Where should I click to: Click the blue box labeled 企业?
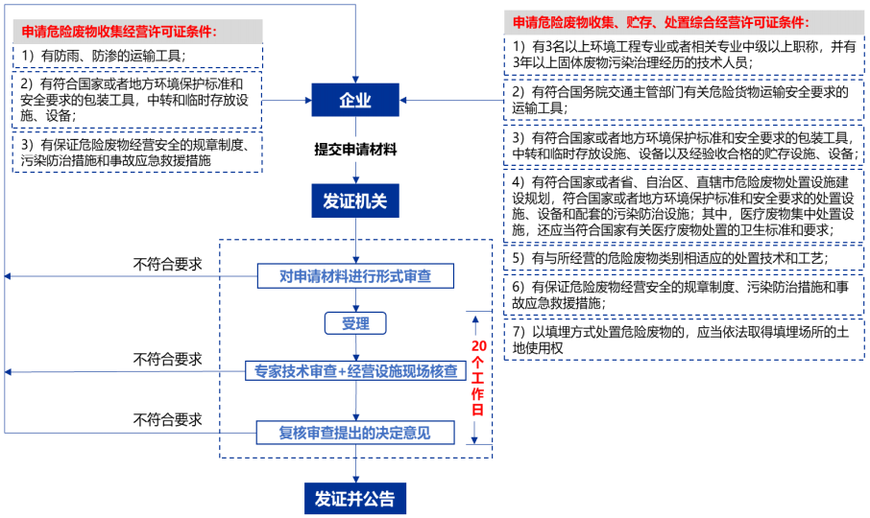tap(355, 101)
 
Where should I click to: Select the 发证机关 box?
tap(355, 200)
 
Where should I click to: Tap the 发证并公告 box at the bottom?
tap(355, 499)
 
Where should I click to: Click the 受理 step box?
tap(355, 323)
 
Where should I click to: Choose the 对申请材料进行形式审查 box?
tap(355, 276)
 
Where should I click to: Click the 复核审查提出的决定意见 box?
tap(355, 433)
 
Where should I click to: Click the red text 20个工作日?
tap(477, 376)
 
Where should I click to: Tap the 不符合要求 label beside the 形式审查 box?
tap(168, 264)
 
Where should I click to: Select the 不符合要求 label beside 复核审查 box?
tap(168, 419)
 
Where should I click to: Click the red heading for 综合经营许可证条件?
tap(661, 21)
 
